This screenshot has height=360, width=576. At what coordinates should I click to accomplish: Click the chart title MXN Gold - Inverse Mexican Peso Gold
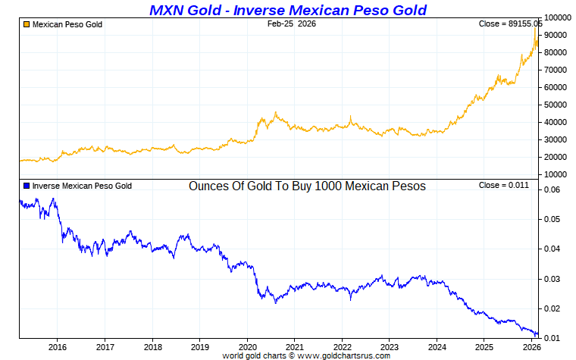(x=288, y=10)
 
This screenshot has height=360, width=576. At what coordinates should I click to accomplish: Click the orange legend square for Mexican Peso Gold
(x=27, y=24)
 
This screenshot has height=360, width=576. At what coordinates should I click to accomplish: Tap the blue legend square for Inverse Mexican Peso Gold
(x=27, y=186)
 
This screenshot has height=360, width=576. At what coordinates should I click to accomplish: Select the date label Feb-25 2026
(x=292, y=24)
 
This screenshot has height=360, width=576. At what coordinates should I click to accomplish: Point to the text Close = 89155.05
(x=510, y=24)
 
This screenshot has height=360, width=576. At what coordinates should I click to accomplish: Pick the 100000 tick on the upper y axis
(x=556, y=17)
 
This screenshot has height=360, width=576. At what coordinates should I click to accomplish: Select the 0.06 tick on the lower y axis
(x=551, y=190)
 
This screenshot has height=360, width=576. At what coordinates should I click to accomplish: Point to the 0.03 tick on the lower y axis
(x=551, y=279)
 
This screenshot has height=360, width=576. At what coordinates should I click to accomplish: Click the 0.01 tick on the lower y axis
(x=551, y=338)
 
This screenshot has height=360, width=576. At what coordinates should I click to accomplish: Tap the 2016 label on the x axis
(x=58, y=347)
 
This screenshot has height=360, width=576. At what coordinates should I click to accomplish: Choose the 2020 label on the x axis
(x=247, y=347)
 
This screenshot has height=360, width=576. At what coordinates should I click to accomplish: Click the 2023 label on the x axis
(x=389, y=347)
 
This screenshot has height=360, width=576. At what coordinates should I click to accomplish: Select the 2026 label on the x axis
(x=531, y=347)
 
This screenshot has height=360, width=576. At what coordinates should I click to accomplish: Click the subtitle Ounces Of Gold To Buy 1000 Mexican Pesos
(x=307, y=186)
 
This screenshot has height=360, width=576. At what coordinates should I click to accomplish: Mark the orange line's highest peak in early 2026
(x=535, y=28)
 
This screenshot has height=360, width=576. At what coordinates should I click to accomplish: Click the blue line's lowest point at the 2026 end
(x=537, y=334)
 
